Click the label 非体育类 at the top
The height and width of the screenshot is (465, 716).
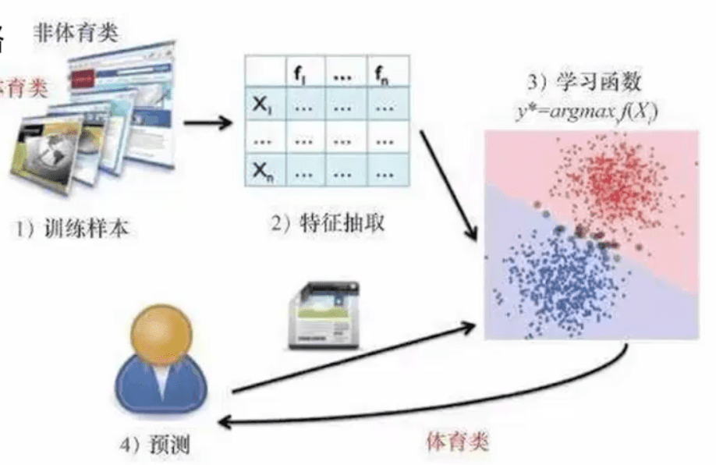coord(80,34)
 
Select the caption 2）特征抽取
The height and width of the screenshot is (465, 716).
coord(328,224)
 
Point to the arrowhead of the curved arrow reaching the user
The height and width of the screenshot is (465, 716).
coord(224,421)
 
